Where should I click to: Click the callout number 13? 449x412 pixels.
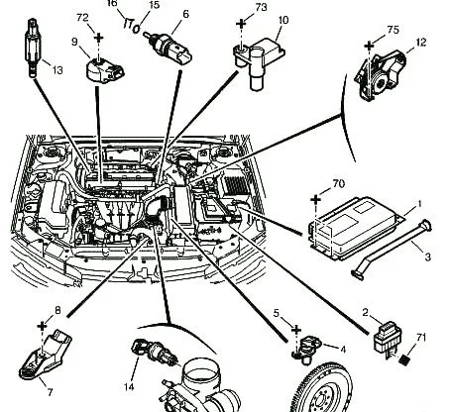(x=57, y=70)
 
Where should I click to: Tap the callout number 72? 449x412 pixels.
(x=82, y=18)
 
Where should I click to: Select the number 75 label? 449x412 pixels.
(x=393, y=30)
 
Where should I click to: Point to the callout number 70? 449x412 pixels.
(x=338, y=183)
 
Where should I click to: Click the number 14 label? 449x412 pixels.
(x=129, y=387)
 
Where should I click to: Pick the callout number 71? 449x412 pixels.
(x=421, y=338)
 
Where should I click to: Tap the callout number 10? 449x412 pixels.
(x=283, y=20)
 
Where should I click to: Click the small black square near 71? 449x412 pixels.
(x=403, y=360)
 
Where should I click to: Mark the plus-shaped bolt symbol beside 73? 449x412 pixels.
(x=241, y=24)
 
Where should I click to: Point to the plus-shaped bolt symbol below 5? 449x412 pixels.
(x=296, y=330)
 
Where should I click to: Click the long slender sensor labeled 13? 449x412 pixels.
(x=33, y=48)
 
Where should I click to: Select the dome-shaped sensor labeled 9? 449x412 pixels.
(x=105, y=70)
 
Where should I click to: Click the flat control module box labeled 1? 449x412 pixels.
(x=356, y=227)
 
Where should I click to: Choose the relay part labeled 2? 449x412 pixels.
(x=387, y=339)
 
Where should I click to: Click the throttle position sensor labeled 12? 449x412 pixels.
(x=380, y=76)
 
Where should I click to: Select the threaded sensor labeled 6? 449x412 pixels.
(x=168, y=49)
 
